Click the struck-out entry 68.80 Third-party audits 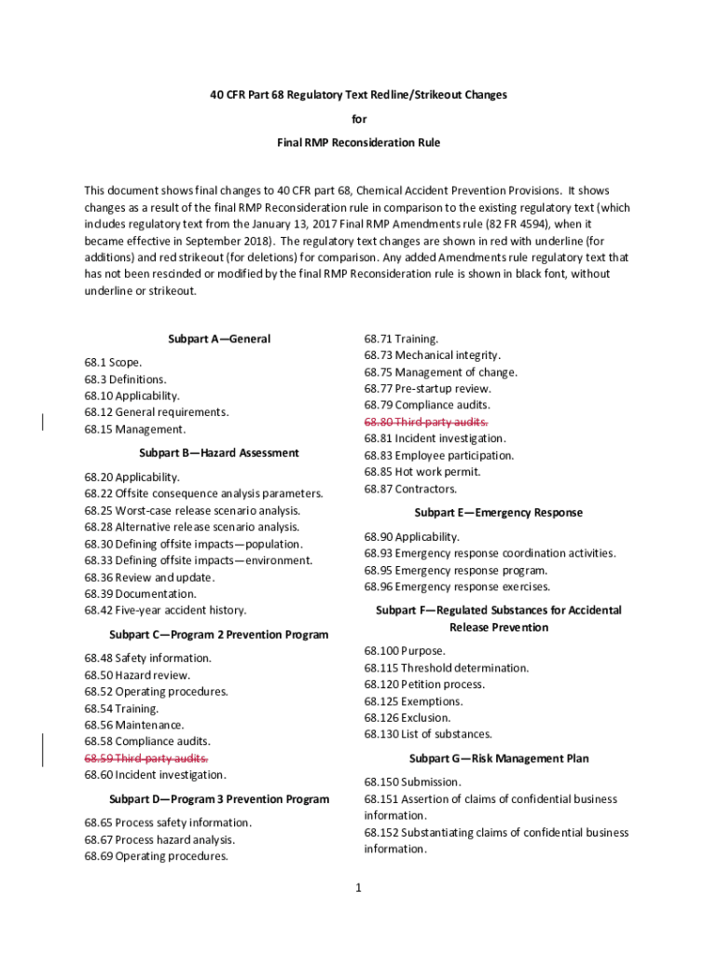[426, 422]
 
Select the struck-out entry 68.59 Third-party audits [146, 757]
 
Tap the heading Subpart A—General [219, 339]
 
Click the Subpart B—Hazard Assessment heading [219, 452]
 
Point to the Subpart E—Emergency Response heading [498, 512]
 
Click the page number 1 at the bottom [358, 888]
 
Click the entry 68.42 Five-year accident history [165, 610]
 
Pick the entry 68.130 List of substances [428, 734]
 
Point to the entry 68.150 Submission [412, 782]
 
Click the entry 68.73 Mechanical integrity [433, 354]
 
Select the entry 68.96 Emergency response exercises [457, 587]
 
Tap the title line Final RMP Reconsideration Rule [358, 143]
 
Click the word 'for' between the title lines [358, 119]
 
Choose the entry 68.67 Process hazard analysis [160, 839]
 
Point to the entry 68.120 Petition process [424, 684]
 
